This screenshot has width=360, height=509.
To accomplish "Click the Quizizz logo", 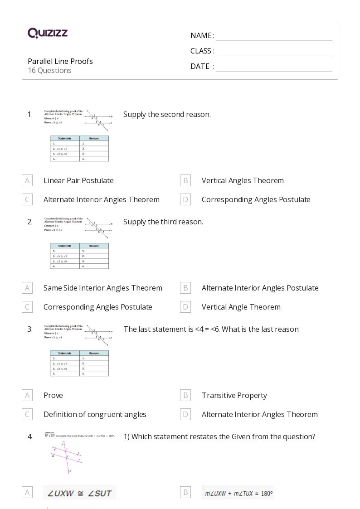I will click(48, 33).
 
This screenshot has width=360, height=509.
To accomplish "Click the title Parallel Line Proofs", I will click(60, 61).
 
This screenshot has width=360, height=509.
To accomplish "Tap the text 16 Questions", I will click(49, 70).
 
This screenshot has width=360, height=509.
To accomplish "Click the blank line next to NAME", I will click(274, 36).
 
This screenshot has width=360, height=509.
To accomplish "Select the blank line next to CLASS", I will click(274, 52).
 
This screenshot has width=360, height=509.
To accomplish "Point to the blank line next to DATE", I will click(274, 67).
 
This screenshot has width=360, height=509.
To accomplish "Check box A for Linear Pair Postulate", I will click(27, 180).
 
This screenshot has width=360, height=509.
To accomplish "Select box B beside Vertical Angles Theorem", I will click(185, 180).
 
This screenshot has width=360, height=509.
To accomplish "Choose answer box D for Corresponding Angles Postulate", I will click(185, 199).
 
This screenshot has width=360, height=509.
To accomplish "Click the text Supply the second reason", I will click(167, 114).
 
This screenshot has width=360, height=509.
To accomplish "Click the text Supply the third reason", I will click(163, 222).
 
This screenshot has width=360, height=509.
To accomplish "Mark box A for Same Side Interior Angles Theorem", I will click(27, 288).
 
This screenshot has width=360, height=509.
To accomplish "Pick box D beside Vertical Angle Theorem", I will click(185, 307).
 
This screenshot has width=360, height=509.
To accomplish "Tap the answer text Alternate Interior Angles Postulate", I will click(260, 288).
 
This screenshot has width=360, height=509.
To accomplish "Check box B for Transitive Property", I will click(185, 395).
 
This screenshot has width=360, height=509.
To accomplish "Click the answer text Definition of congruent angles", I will click(95, 414).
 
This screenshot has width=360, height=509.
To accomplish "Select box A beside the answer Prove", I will click(27, 395).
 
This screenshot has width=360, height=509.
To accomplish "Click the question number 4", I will click(30, 436).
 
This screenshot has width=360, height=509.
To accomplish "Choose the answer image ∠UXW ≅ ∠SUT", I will click(80, 493).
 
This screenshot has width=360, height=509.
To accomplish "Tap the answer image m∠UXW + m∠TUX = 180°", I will click(238, 493).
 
